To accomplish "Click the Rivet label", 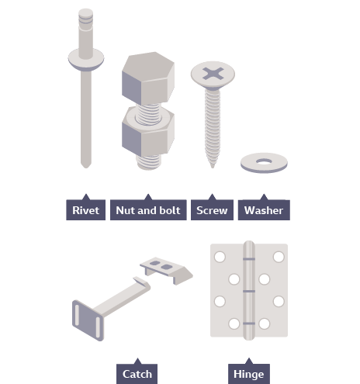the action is click(85, 210).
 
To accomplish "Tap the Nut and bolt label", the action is click(148, 210).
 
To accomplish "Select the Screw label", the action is click(212, 210).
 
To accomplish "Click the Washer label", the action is click(264, 210).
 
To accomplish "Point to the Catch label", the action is click(137, 374).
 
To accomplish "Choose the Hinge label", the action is click(249, 374).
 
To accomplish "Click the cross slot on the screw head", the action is click(213, 74).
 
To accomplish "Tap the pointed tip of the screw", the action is click(213, 166).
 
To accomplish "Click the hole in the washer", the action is click(264, 161).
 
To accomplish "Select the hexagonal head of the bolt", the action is click(148, 78).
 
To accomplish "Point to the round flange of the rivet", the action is click(86, 60).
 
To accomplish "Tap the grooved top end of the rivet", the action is click(85, 16).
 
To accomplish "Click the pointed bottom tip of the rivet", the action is click(86, 165).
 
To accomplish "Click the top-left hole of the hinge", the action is click(220, 257).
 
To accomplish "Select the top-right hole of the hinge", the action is click(279, 257).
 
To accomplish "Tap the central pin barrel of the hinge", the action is click(249, 290).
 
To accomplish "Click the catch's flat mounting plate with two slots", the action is click(88, 320).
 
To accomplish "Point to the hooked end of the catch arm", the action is click(142, 283).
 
